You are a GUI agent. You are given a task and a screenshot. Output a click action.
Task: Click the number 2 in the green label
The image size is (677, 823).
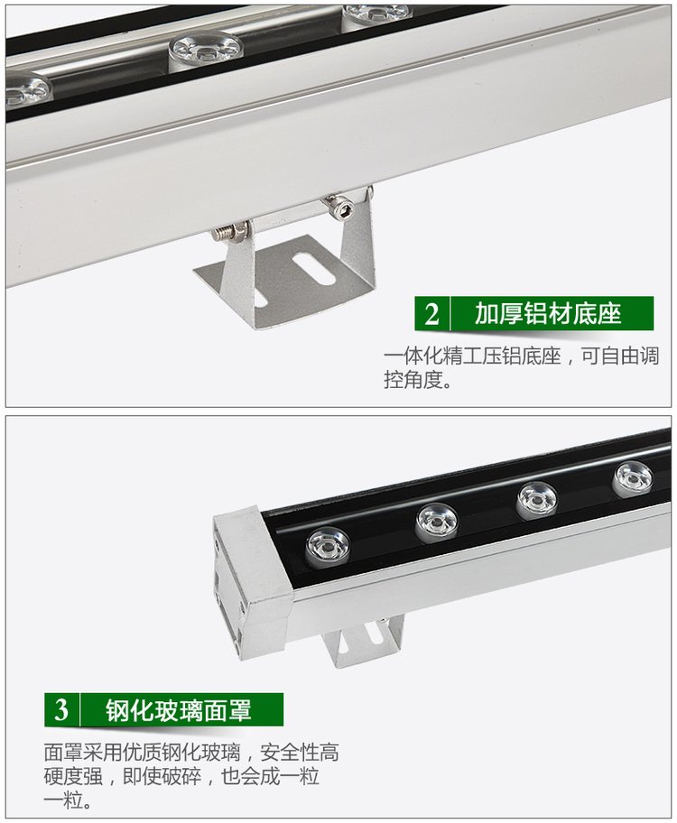pyautogui.click(x=431, y=314)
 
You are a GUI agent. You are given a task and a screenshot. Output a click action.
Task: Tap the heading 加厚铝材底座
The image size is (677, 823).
pyautogui.click(x=548, y=314)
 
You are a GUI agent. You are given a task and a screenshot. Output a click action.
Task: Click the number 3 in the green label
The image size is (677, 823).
pyautogui.click(x=61, y=710)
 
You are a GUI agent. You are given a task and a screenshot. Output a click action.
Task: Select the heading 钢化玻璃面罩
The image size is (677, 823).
pyautogui.click(x=179, y=710)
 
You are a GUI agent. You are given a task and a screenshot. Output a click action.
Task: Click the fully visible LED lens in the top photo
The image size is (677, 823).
pyautogui.click(x=206, y=50)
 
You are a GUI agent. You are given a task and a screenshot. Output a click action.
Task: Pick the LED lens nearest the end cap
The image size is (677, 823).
pyautogui.click(x=329, y=547)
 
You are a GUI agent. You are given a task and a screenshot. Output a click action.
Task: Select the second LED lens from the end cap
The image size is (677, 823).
pyautogui.click(x=436, y=522)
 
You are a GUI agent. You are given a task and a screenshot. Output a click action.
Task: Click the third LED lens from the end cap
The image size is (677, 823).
pyautogui.click(x=536, y=500)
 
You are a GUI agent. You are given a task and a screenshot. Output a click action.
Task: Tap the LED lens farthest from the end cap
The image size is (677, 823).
pyautogui.click(x=633, y=479)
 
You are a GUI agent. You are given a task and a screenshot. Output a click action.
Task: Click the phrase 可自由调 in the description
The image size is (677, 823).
pyautogui.click(x=620, y=356)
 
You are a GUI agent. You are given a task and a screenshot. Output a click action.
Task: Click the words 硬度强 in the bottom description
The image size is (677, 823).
pyautogui.click(x=73, y=776)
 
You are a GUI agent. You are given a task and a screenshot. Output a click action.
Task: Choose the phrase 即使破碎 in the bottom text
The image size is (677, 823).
pyautogui.click(x=162, y=776)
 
